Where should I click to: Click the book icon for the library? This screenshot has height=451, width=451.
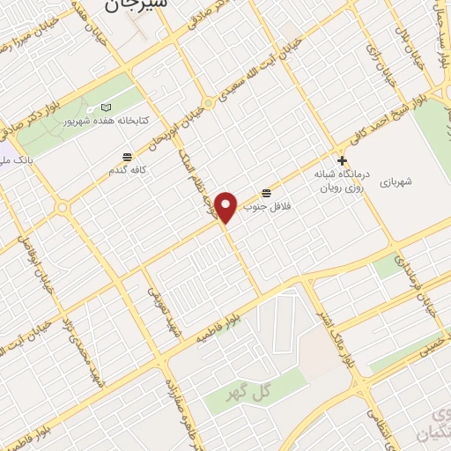click(107, 107)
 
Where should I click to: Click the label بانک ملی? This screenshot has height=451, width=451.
click(14, 159)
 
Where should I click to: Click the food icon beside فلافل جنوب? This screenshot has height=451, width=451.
click(266, 191)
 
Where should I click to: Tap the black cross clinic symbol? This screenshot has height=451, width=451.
click(342, 161)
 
